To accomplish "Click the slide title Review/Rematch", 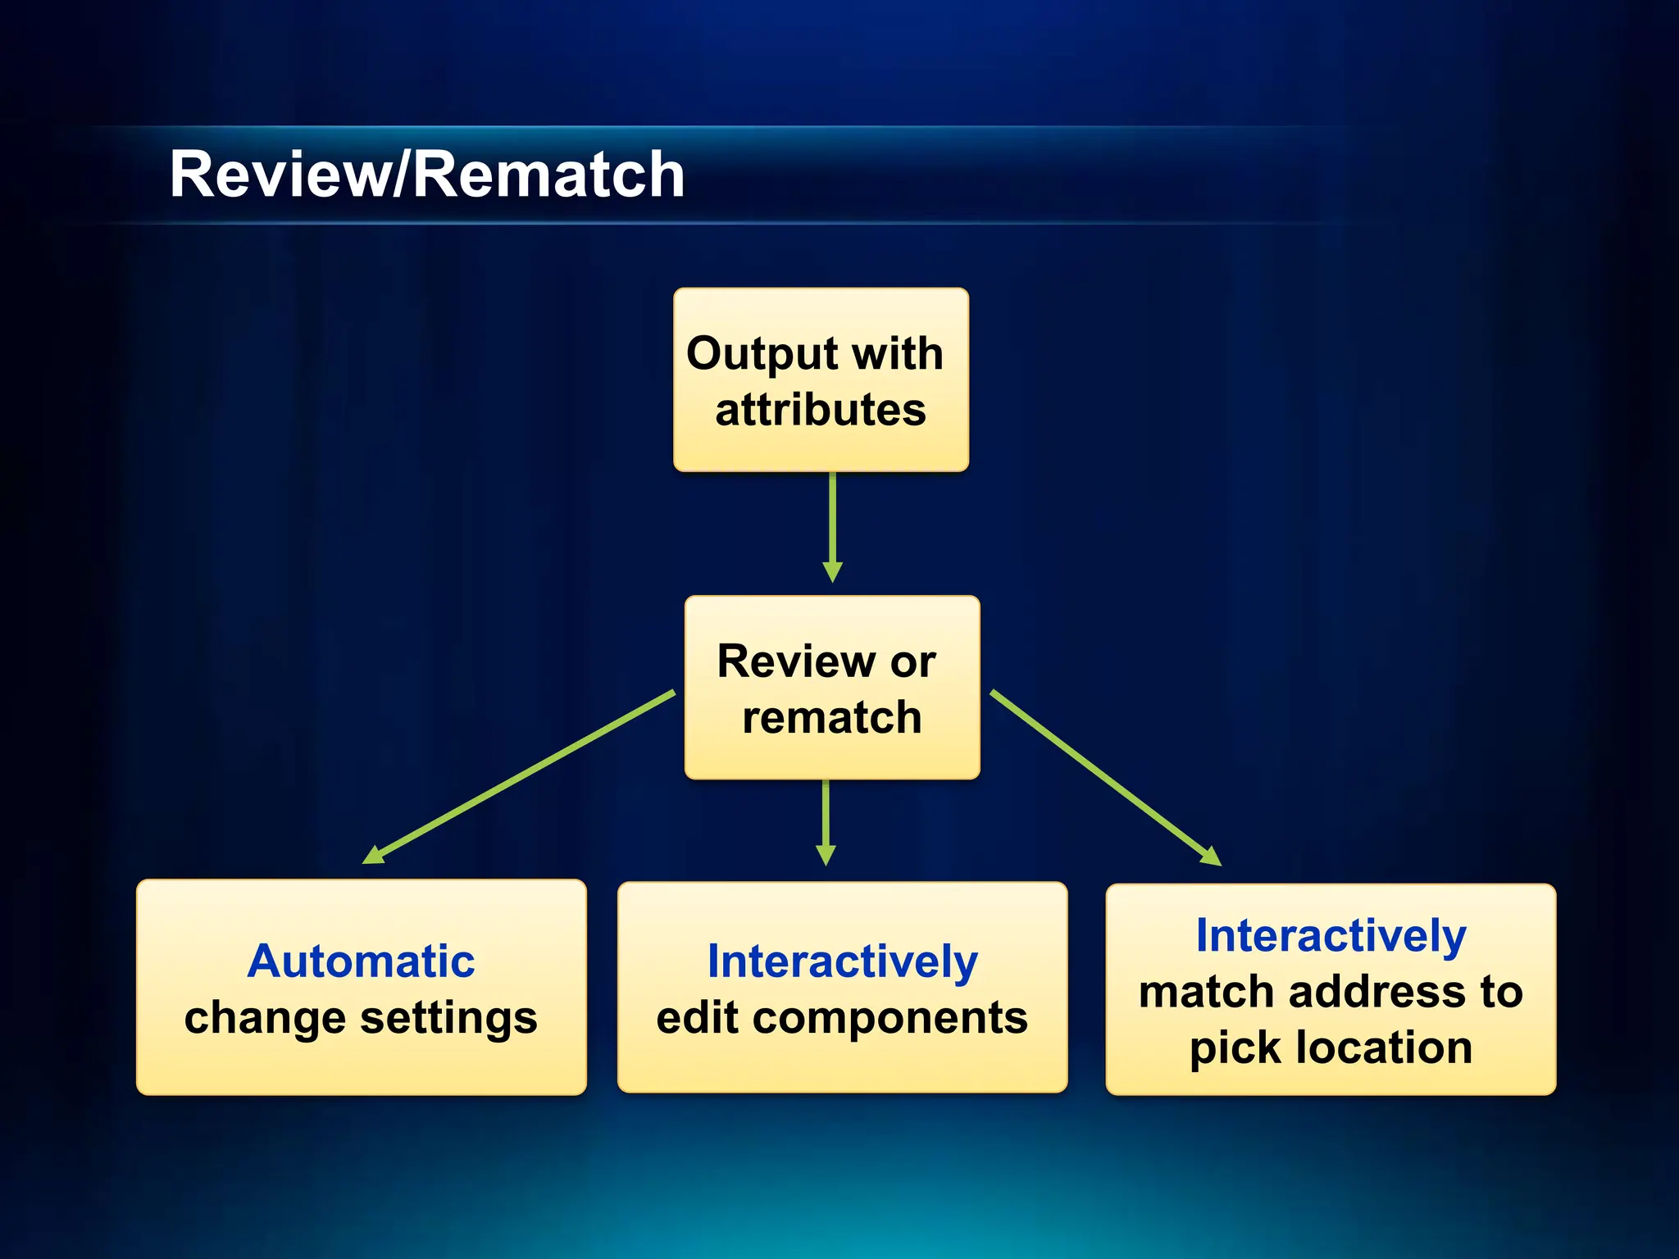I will pyautogui.click(x=426, y=175).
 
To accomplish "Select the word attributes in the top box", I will pyautogui.click(x=821, y=410).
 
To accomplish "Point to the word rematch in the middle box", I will pyautogui.click(x=832, y=718).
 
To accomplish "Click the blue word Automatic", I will pyautogui.click(x=361, y=961).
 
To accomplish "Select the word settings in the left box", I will pyautogui.click(x=448, y=1018).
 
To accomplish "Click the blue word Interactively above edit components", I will pyautogui.click(x=842, y=961).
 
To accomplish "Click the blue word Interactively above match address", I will pyautogui.click(x=1331, y=935).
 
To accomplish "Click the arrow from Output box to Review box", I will pyautogui.click(x=832, y=525).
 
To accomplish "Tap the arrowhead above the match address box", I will pyautogui.click(x=1210, y=857).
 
